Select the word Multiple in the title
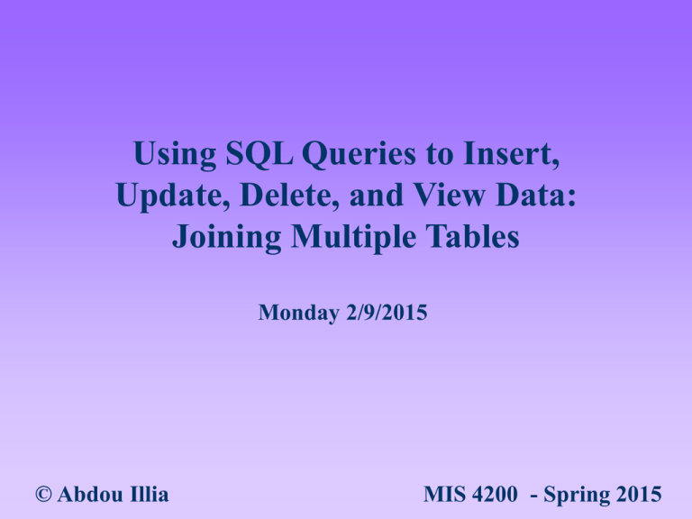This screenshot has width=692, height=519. pos(360,240)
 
